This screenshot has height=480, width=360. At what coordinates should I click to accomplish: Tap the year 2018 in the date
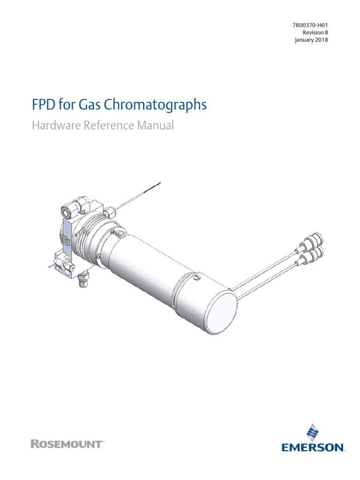[x=321, y=40]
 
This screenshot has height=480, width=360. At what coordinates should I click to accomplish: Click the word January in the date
[x=304, y=40]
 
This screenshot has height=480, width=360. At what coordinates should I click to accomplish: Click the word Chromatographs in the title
[x=162, y=105]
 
